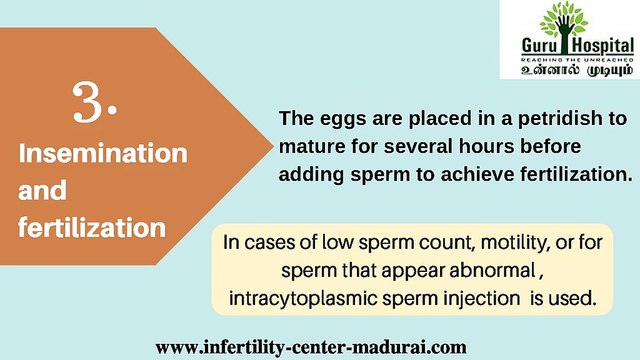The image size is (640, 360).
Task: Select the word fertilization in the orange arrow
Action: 91,228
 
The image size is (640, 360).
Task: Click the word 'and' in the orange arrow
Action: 42,191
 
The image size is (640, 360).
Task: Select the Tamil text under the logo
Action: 569,72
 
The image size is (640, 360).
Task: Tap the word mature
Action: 311,147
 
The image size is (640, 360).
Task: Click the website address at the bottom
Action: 311,347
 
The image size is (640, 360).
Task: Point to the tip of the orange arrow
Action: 274,144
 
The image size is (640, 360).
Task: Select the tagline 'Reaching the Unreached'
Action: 569,59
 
